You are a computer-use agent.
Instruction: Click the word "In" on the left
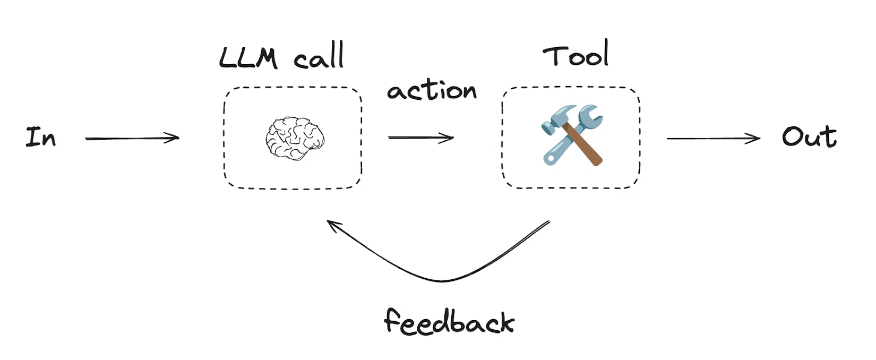(x=41, y=137)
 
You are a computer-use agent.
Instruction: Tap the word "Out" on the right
(x=809, y=136)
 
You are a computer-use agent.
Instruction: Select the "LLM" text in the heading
(x=248, y=57)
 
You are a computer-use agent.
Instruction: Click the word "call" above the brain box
(x=319, y=56)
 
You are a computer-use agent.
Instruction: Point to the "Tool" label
(x=576, y=55)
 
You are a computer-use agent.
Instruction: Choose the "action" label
(x=432, y=90)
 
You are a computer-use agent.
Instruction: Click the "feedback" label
(x=449, y=321)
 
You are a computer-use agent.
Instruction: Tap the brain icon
(x=295, y=138)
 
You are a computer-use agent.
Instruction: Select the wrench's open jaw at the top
(x=590, y=113)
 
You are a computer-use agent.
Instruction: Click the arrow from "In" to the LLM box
(x=132, y=139)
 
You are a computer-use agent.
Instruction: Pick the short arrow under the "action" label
(x=421, y=138)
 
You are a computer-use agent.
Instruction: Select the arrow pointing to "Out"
(x=713, y=139)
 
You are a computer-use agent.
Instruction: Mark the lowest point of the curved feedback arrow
(x=442, y=280)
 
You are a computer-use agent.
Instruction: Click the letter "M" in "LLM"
(x=266, y=58)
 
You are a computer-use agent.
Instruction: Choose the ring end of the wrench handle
(x=549, y=157)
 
